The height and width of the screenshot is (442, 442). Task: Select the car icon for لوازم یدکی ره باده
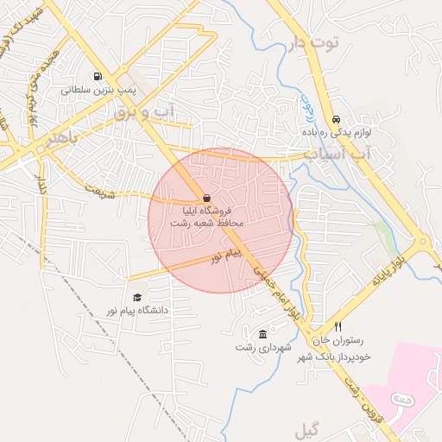click(336, 120)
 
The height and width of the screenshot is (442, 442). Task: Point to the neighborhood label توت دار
click(314, 41)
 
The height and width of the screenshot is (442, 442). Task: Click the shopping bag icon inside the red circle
click(206, 197)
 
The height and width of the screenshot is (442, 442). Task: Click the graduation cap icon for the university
click(137, 297)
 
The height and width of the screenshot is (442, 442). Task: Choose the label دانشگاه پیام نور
click(137, 309)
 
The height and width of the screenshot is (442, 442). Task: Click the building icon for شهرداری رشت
click(262, 334)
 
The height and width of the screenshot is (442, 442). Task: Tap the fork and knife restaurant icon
click(338, 327)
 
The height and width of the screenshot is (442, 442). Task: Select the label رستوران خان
click(347, 341)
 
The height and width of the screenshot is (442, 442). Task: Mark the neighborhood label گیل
click(307, 430)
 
